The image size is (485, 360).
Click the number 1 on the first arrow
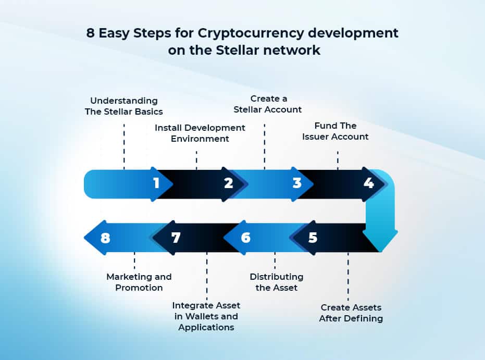pyautogui.click(x=156, y=183)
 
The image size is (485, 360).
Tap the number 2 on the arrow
pyautogui.click(x=228, y=183)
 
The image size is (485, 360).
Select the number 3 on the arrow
pyautogui.click(x=297, y=183)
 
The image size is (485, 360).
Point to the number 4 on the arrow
pyautogui.click(x=369, y=183)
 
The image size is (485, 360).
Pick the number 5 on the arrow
pyautogui.click(x=313, y=238)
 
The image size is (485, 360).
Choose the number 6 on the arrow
pyautogui.click(x=245, y=238)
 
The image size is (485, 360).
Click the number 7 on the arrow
pyautogui.click(x=176, y=238)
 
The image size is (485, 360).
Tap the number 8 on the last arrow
pyautogui.click(x=105, y=238)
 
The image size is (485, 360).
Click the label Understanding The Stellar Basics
pyautogui.click(x=124, y=106)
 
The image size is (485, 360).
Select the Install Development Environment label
pyautogui.click(x=200, y=133)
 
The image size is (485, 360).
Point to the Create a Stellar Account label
pyautogui.click(x=268, y=104)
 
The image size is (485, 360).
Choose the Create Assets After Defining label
pyautogui.click(x=351, y=313)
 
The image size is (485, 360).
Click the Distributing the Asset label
pyautogui.click(x=276, y=282)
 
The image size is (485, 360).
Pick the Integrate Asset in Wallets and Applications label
pyautogui.click(x=206, y=316)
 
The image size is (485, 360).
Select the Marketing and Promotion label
pyautogui.click(x=139, y=282)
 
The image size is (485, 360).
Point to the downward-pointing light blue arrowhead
pyautogui.click(x=380, y=240)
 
